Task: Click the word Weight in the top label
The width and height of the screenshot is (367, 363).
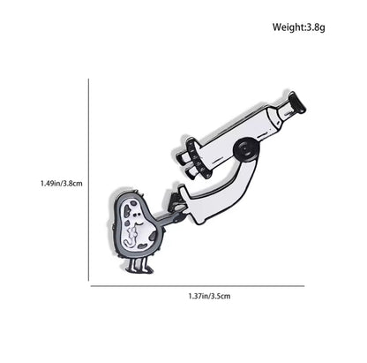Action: coord(288,27)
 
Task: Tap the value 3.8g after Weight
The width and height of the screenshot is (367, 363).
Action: coord(316,27)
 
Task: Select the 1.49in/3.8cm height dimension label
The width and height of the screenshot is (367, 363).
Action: coord(62,184)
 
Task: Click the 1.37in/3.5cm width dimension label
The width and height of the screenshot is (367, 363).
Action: coord(209,296)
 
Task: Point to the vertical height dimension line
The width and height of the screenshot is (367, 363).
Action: coord(88,180)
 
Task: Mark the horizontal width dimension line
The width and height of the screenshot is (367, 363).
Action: coord(198,286)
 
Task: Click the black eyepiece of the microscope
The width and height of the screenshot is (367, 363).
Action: coord(297,102)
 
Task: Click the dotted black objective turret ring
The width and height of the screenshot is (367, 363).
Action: coord(198,158)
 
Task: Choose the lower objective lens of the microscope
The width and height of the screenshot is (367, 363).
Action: coord(192,172)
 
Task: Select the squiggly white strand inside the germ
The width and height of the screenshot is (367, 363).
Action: coord(131,236)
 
